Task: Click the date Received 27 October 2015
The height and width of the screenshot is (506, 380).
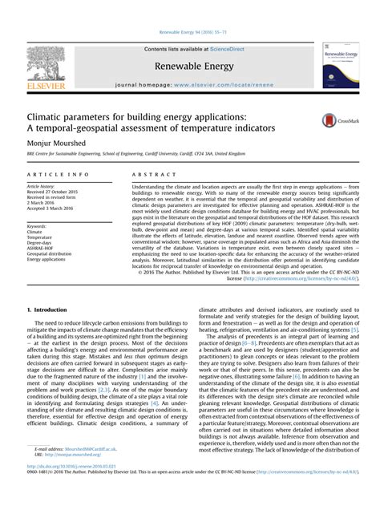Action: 58,192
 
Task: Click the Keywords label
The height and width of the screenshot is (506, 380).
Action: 37,226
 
